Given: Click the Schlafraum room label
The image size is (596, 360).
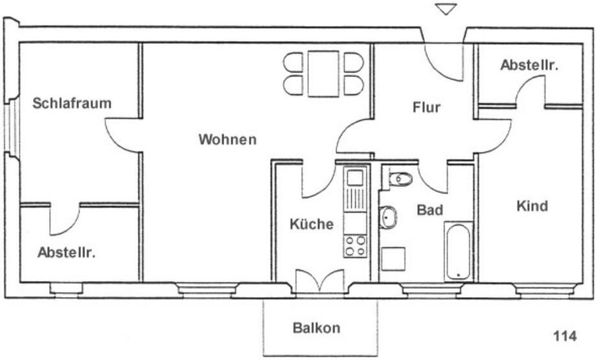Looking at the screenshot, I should click(72, 103).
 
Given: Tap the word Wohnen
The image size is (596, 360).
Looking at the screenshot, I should click(227, 139).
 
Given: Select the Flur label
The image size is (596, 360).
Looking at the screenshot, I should click(426, 107).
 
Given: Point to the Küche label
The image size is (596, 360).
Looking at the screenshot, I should click(312, 224).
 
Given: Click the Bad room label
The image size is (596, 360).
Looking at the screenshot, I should click(430, 210).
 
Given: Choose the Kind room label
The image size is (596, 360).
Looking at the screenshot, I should click(532, 207).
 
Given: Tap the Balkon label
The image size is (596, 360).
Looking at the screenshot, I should click(316, 328).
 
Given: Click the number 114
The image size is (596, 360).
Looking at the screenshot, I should click(565, 336).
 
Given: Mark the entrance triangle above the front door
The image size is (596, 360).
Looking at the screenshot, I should click(446, 9).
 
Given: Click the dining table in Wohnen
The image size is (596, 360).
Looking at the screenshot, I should click(323, 74).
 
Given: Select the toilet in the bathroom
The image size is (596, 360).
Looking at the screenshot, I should click(400, 178).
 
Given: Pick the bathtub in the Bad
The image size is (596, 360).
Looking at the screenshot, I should click(459, 251).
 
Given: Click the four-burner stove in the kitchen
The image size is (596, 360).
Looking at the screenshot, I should click(355, 246).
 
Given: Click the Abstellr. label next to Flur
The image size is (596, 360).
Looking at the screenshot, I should click(529, 65).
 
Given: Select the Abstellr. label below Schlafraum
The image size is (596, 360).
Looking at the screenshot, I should click(66, 253).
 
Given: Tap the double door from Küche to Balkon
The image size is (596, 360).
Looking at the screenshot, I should click(319, 280).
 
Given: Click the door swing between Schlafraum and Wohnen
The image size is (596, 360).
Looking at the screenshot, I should click(123, 135).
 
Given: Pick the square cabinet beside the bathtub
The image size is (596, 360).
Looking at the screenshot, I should click(393, 258).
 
